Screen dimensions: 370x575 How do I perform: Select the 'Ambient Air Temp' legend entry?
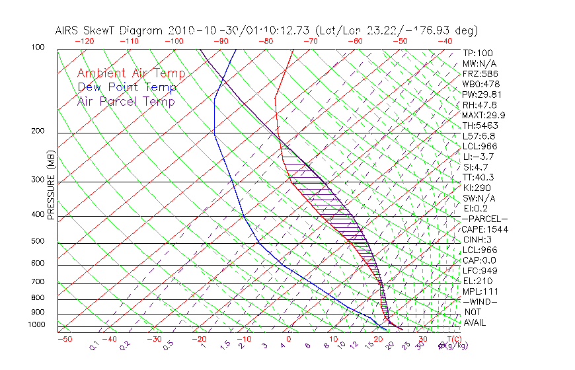[x=131, y=73]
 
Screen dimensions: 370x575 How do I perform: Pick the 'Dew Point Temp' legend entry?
[x=127, y=87]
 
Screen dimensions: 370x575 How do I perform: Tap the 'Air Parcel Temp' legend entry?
[x=126, y=101]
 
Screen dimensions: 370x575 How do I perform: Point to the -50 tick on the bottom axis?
[x=64, y=339]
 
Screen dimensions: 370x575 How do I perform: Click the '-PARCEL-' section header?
[x=484, y=219]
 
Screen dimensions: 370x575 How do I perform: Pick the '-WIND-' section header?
[x=480, y=301]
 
